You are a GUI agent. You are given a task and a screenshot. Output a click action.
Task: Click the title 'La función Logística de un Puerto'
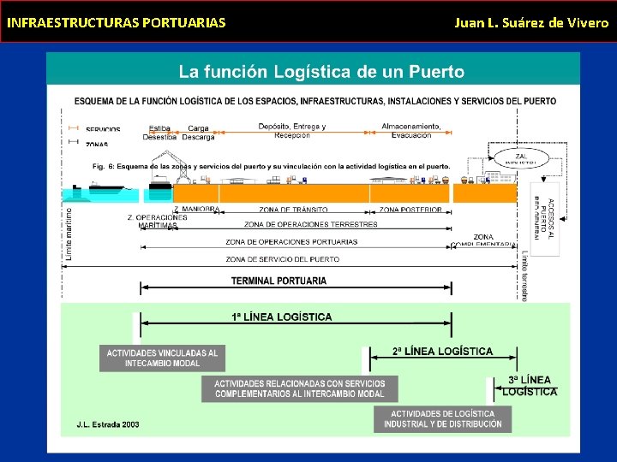320,72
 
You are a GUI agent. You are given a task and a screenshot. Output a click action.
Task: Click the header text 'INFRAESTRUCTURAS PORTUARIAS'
117,22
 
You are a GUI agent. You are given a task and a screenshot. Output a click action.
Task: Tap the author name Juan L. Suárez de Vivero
531,22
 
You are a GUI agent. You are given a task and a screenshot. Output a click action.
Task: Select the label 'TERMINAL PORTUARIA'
279,281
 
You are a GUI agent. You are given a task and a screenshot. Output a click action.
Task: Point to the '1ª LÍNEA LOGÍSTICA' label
282,317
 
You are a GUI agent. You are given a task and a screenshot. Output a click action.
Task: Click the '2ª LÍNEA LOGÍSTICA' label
442,351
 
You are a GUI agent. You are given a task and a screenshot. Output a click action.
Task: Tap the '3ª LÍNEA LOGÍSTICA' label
530,386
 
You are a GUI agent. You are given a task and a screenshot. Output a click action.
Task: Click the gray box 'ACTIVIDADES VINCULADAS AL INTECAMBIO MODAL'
162,358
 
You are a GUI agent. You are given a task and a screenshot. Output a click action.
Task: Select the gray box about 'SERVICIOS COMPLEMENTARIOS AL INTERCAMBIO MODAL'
300,388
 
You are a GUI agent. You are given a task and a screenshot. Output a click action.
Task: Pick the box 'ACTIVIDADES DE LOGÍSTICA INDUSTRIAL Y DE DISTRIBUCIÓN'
442,419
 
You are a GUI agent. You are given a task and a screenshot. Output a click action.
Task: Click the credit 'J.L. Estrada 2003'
108,424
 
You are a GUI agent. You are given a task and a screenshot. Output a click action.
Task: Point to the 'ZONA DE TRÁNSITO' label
293,210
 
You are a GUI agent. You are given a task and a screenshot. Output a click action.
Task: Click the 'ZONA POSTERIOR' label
410,210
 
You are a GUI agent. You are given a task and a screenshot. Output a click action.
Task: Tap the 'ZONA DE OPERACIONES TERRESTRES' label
310,225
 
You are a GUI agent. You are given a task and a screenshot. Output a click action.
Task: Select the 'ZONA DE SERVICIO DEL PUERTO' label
282,259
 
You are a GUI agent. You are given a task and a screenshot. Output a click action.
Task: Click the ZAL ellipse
522,158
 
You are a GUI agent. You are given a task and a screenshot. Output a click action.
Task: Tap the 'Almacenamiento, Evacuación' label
411,131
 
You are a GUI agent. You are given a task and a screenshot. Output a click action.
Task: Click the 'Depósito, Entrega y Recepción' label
292,131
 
